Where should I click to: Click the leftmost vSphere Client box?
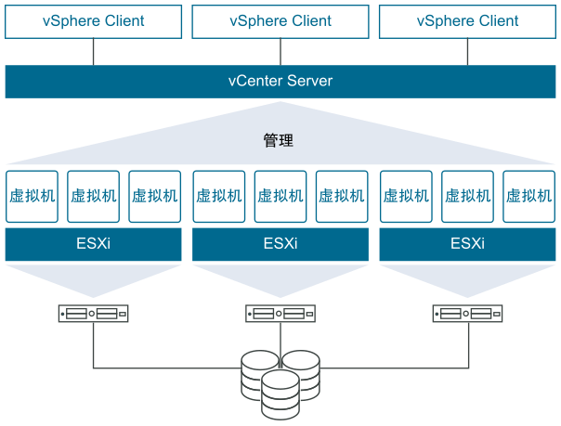click(x=93, y=20)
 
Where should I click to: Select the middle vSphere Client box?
click(x=280, y=20)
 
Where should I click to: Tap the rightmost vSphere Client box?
click(x=467, y=20)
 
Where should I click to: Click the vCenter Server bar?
click(x=280, y=81)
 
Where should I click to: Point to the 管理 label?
click(x=279, y=141)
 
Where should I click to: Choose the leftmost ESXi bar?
click(x=93, y=245)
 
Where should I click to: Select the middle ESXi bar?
click(x=280, y=245)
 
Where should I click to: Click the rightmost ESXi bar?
click(x=467, y=245)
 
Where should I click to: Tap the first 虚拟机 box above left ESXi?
click(x=32, y=196)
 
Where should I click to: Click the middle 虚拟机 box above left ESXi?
click(x=93, y=196)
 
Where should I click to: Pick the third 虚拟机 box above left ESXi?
click(x=154, y=196)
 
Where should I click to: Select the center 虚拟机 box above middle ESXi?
click(x=280, y=196)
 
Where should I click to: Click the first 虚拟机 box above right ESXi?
click(x=406, y=196)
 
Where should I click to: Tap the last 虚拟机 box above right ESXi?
click(x=528, y=196)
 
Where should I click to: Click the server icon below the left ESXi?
click(x=93, y=314)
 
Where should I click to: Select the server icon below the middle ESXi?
click(x=280, y=314)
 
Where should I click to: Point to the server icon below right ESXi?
click(x=467, y=314)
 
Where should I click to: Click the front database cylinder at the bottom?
click(x=280, y=394)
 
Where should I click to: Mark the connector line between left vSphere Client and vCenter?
click(x=93, y=52)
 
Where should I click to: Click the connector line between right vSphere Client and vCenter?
click(x=467, y=52)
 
